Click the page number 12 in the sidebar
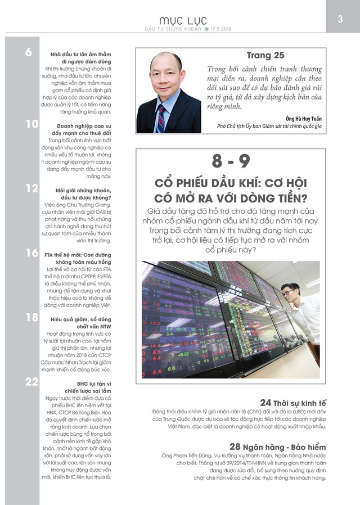[x=31, y=188]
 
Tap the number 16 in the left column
[x=31, y=254]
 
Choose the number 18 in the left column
[x=31, y=318]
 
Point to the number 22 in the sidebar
[x=31, y=383]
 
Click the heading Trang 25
[x=265, y=55]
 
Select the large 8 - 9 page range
[x=231, y=162]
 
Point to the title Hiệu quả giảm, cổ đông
[x=80, y=318]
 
